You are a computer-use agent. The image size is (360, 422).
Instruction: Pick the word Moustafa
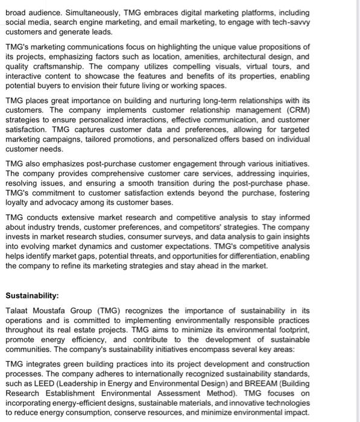click(59, 311)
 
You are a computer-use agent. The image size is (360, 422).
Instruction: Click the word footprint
click(291, 330)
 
